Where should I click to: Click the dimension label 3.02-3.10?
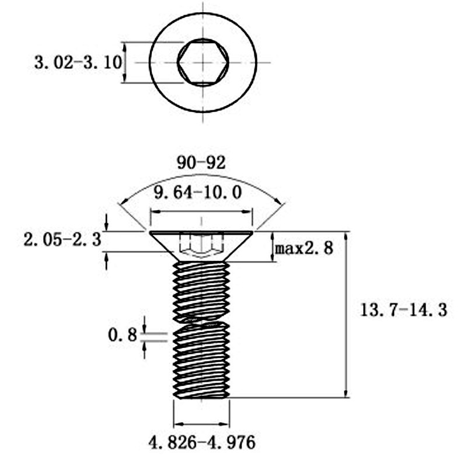coord(78,63)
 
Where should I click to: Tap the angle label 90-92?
coord(201,163)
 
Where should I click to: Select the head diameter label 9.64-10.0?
coord(198,193)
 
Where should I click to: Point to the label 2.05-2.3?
coord(62,240)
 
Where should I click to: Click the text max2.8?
coord(304,249)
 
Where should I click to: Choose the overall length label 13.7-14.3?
coord(404,310)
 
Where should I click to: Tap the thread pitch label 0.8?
coord(122,335)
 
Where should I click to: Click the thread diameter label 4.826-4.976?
coord(202,442)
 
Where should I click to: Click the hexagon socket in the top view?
coord(203,62)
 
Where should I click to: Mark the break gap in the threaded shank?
coord(201,319)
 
